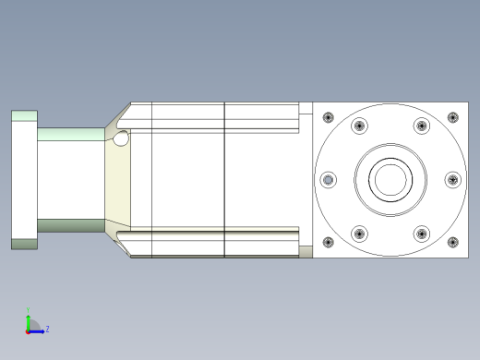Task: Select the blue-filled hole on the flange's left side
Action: coord(326,180)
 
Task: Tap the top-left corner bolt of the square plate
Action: coord(327,117)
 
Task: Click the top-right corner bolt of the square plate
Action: coord(452,117)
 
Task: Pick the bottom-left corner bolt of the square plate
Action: coord(327,243)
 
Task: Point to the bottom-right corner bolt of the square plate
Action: coord(452,243)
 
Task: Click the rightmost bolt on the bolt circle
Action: coord(451,179)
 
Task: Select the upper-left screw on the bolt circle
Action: coord(358,126)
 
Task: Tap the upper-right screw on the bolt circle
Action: coord(421,126)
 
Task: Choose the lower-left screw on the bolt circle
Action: coord(358,233)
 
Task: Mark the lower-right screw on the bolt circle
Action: coord(421,233)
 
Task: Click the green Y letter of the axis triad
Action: coord(29,311)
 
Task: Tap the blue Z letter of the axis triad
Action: coord(47,328)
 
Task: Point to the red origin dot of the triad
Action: coord(29,330)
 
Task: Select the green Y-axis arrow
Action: coord(29,319)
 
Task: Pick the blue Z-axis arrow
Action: coord(38,329)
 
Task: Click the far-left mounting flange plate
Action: coord(24,179)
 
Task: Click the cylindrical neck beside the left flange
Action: coord(70,179)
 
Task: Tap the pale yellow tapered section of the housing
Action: coord(118,185)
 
